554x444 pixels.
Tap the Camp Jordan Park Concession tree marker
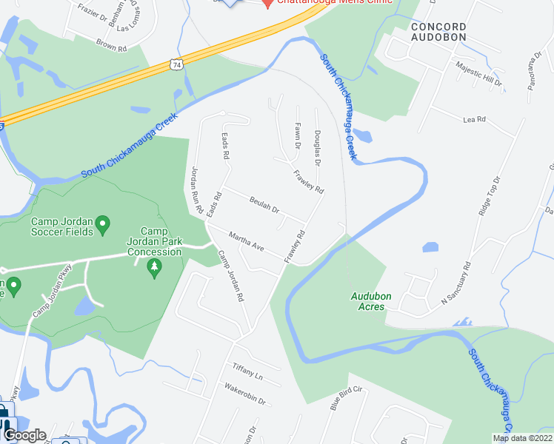click(x=154, y=267)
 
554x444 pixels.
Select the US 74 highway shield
click(x=176, y=65)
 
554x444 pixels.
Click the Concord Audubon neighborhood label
click(x=438, y=32)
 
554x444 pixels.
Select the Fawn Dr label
click(x=297, y=136)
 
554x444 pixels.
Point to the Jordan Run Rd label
click(x=196, y=191)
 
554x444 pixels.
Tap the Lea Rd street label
click(x=473, y=119)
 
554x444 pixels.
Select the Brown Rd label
click(x=112, y=45)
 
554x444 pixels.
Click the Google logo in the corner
click(x=24, y=435)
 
